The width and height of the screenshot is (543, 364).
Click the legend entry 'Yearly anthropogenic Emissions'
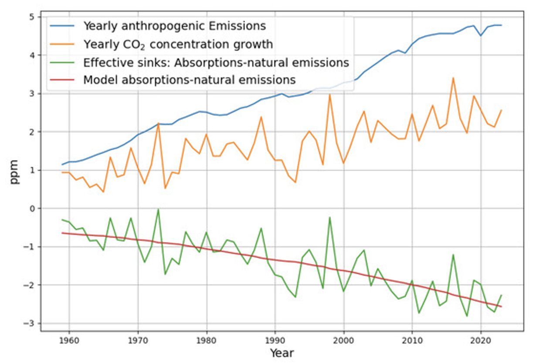174,26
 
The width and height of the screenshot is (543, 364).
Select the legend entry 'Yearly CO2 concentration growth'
178,44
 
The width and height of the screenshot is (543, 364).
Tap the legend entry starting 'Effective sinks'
216,62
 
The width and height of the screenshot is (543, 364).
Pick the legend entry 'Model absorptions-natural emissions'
189,80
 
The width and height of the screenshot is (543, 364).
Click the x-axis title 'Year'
282,353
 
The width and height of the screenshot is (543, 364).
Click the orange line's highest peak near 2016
453,78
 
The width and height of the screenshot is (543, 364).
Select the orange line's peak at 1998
330,94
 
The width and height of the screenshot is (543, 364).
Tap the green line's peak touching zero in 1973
158,209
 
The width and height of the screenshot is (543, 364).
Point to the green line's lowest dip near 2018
467,316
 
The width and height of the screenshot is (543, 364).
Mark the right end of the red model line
502,306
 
